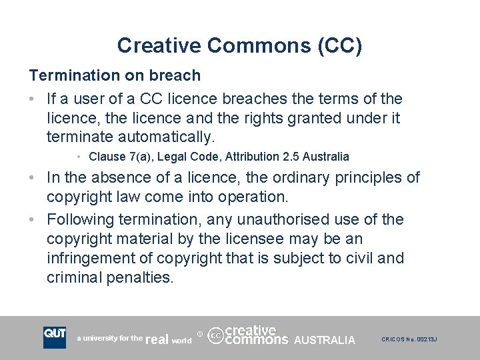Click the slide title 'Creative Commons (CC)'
click(x=240, y=45)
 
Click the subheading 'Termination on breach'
click(x=114, y=75)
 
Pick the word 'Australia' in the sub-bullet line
click(x=325, y=157)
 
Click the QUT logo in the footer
click(x=55, y=337)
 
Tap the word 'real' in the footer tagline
click(x=157, y=339)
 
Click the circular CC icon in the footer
click(x=215, y=335)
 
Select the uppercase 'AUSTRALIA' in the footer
click(x=324, y=340)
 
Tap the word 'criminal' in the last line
click(x=74, y=277)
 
